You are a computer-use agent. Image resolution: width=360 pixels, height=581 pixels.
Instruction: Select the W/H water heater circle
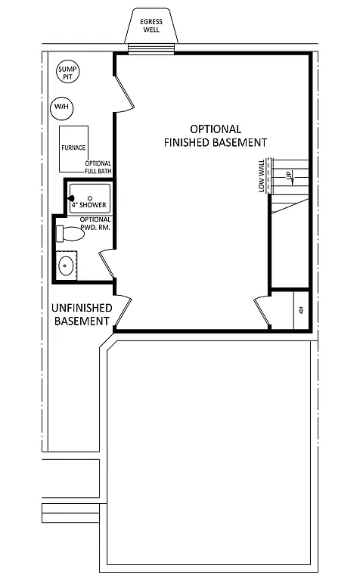click(61, 108)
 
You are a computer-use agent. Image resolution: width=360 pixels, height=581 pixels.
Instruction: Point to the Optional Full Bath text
click(98, 167)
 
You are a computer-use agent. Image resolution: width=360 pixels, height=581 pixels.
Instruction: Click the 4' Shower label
click(88, 205)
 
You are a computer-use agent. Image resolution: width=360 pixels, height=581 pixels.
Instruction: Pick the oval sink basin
click(67, 266)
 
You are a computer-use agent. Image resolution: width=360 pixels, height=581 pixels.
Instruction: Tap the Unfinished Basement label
click(82, 314)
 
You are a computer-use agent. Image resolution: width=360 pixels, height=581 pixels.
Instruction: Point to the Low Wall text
click(262, 176)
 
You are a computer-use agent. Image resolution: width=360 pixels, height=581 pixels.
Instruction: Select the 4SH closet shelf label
click(301, 310)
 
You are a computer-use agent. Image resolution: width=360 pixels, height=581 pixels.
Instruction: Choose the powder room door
click(107, 266)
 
